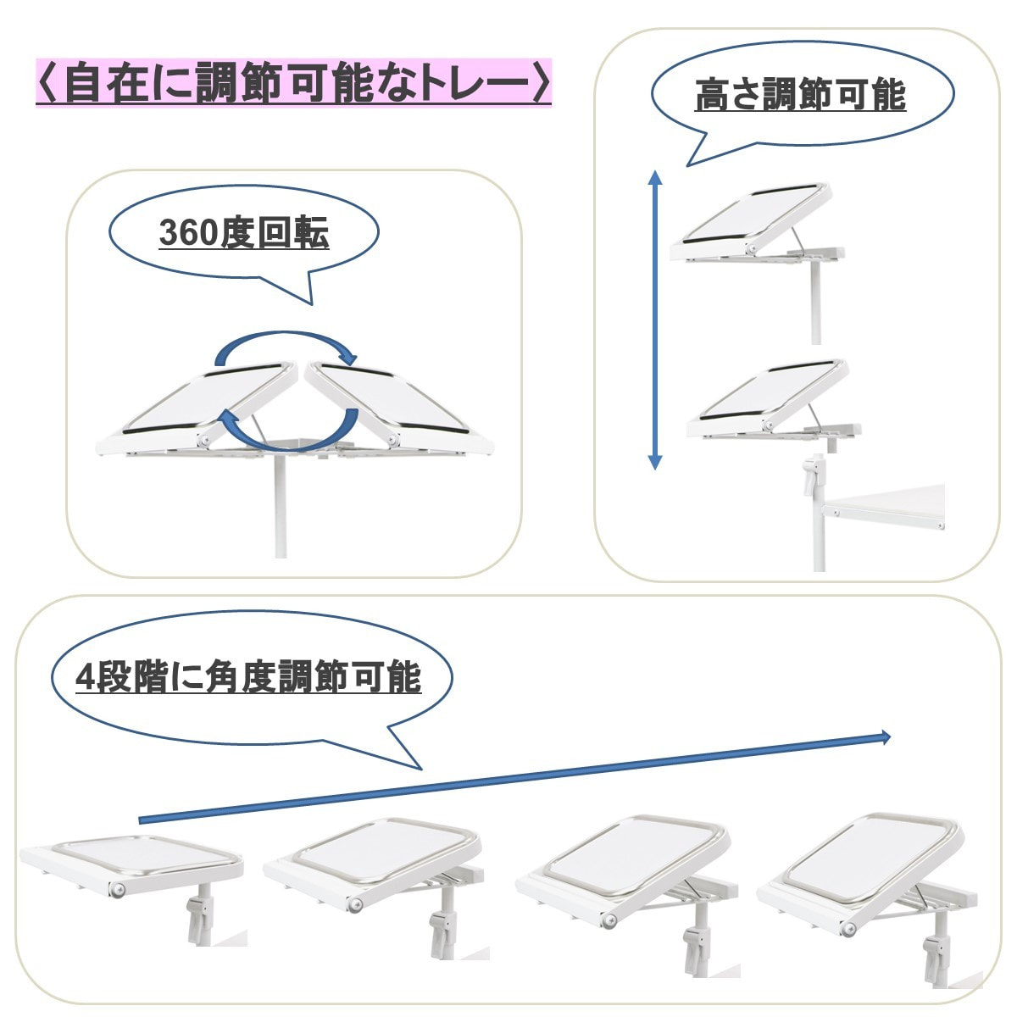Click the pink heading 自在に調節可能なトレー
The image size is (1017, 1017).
click(x=293, y=82)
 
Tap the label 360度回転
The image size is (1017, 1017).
click(x=244, y=233)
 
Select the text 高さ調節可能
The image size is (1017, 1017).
click(x=800, y=94)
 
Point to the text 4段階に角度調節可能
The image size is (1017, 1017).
click(x=248, y=677)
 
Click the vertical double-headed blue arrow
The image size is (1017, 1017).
click(x=654, y=320)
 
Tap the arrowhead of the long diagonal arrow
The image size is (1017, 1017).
click(x=885, y=738)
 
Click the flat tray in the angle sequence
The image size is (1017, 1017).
click(x=132, y=866)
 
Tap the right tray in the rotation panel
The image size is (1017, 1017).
click(x=398, y=409)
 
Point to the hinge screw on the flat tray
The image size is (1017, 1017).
click(x=118, y=890)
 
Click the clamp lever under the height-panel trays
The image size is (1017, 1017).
click(x=812, y=476)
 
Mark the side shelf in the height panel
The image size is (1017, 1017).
click(x=883, y=508)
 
